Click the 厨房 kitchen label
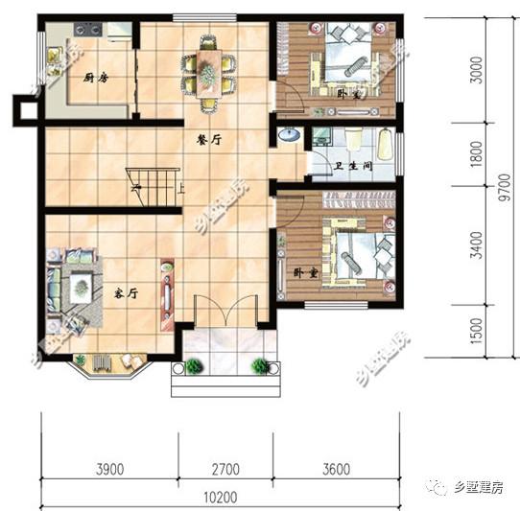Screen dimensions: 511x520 pos(94,78)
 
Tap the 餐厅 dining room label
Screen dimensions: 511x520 pos(210,139)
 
